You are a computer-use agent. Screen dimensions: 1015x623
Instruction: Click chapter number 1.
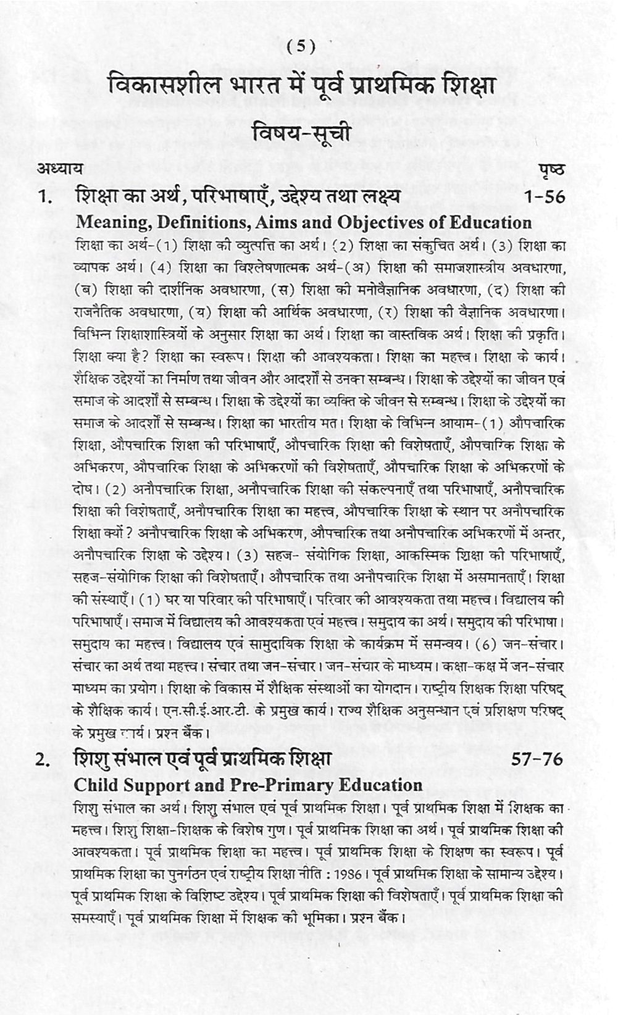point(44,198)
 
